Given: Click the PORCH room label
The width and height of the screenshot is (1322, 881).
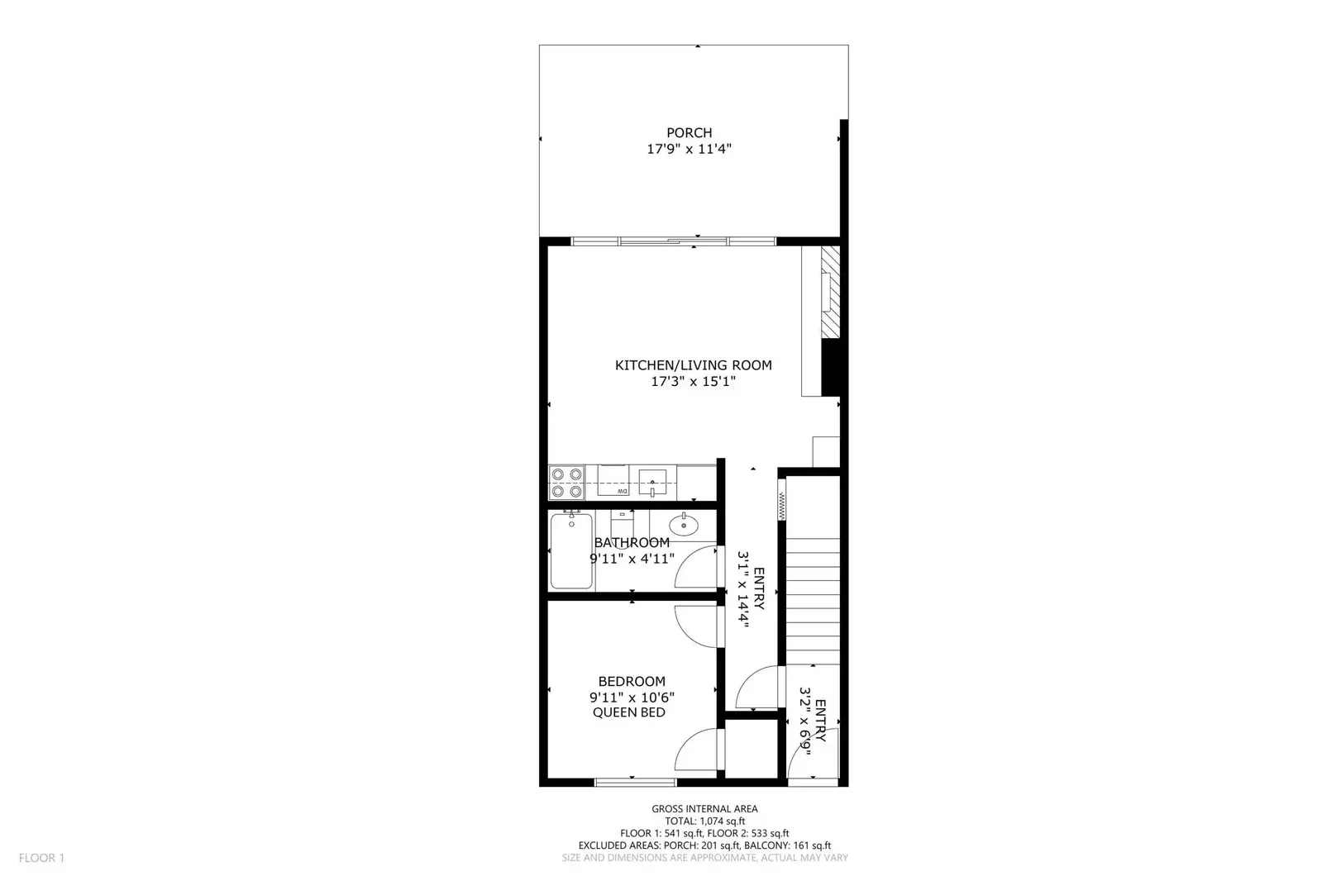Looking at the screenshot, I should [689, 132].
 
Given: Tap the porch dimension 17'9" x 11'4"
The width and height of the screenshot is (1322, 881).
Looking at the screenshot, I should [689, 150].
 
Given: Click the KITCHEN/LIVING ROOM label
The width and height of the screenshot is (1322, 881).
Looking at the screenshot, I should [693, 364].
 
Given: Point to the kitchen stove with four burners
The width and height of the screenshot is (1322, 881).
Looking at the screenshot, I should [566, 483].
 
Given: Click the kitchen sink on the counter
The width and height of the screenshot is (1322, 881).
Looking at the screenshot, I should [652, 480].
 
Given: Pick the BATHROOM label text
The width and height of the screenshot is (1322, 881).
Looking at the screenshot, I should [632, 542].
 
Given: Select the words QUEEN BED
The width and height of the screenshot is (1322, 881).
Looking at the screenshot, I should [629, 712].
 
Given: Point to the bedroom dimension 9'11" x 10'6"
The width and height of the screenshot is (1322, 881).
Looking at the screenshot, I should [632, 697].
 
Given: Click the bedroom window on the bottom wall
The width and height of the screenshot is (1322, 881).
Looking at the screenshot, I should [631, 781].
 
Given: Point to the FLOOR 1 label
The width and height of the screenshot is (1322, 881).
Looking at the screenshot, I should [41, 858].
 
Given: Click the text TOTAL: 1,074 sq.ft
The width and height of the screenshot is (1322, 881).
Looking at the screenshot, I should [704, 821].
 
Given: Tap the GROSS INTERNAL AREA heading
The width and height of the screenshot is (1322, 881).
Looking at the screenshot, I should [704, 809].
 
